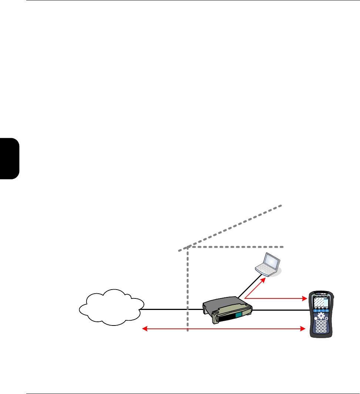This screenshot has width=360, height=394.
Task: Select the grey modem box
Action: click(227, 307)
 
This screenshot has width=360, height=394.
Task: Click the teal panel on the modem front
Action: click(239, 315)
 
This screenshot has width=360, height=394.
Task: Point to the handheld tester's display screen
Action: click(321, 302)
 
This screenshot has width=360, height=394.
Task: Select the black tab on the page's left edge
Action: click(9, 158)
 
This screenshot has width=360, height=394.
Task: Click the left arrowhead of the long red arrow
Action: click(145, 328)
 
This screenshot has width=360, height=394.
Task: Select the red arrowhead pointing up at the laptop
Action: click(263, 279)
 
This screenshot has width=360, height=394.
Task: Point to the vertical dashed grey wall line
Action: click(188, 289)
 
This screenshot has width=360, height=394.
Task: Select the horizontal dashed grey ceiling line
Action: click(237, 247)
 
